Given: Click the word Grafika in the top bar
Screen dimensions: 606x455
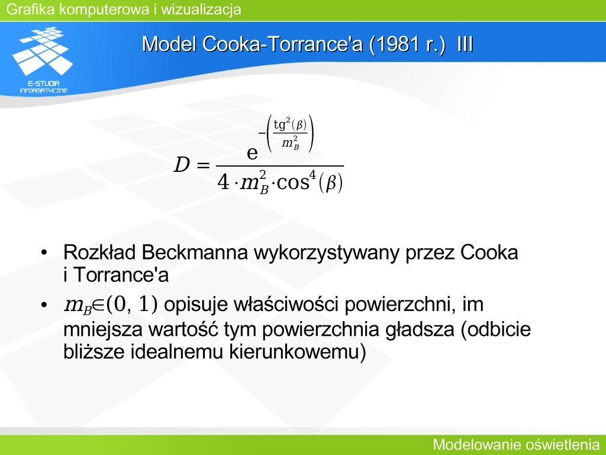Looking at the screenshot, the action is (31, 9).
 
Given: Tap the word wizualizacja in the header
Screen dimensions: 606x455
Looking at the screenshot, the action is (201, 9).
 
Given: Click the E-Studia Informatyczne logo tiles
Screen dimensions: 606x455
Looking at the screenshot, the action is (43, 50).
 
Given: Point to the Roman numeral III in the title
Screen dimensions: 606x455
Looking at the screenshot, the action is (465, 44).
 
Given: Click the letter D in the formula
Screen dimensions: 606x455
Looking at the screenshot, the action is (182, 165).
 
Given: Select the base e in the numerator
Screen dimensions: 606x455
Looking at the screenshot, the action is (252, 153).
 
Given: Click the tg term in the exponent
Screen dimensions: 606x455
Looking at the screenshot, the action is (279, 125).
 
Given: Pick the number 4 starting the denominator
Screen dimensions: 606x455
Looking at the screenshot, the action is (223, 182).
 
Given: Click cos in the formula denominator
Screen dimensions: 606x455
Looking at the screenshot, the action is (293, 182).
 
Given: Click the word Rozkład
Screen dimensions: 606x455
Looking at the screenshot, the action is (99, 252).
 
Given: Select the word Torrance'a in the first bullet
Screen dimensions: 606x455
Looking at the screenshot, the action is (121, 275).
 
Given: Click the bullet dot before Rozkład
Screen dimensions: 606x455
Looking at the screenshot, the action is (44, 253).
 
